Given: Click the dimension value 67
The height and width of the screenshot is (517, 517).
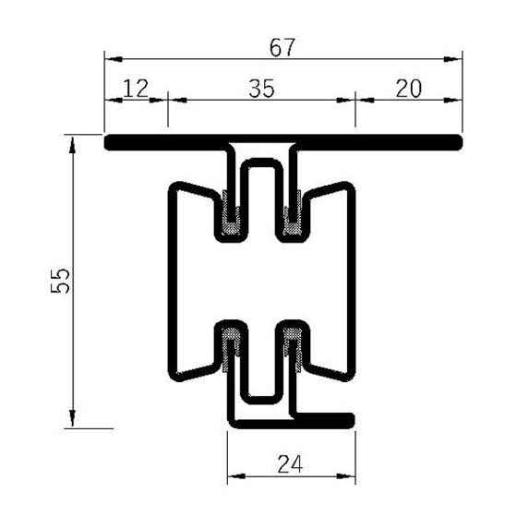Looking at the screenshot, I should pos(283,47).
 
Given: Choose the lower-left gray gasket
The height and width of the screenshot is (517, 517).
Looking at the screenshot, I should pos(232,344).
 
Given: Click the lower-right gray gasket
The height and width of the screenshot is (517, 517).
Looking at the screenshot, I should pos(293,344).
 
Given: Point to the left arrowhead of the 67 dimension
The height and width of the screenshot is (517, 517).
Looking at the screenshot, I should pos(110,59).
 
